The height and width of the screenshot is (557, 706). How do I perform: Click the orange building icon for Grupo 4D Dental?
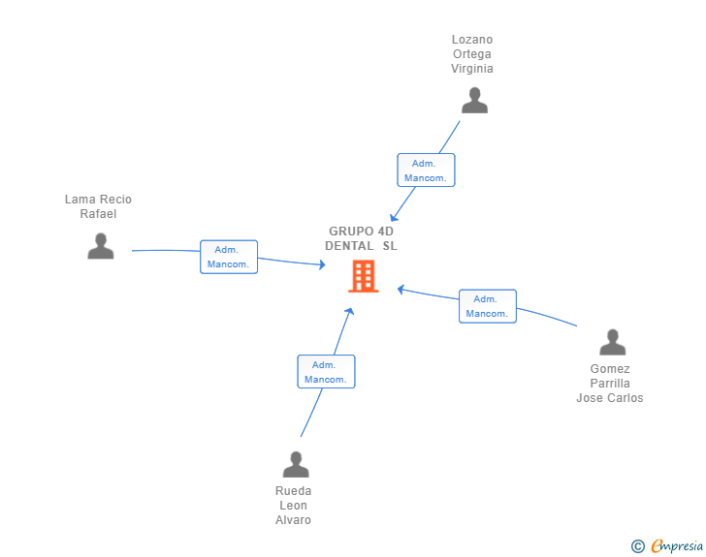click(364, 276)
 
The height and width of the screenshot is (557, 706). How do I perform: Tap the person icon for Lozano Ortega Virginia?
click(474, 101)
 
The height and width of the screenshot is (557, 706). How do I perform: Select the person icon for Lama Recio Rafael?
click(101, 246)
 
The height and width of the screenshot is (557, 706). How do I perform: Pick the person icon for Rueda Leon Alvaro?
click(296, 464)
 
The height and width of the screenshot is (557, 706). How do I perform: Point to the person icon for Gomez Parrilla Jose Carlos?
click(612, 342)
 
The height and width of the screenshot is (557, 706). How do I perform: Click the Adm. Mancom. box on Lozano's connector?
click(426, 170)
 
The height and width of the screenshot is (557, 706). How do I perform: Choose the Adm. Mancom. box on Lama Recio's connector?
click(229, 257)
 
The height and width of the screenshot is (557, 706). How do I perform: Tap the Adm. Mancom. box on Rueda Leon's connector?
click(326, 372)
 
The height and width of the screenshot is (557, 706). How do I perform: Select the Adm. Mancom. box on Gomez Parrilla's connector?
click(488, 306)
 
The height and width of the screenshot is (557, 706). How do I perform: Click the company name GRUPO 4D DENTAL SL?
click(361, 238)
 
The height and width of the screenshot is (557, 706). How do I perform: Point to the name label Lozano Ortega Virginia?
click(472, 54)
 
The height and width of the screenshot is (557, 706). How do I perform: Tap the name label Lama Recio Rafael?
click(98, 206)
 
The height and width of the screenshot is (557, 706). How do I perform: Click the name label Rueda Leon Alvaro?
click(293, 506)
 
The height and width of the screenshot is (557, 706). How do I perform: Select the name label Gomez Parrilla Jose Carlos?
click(610, 384)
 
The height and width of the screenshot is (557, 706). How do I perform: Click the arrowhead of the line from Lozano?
click(393, 217)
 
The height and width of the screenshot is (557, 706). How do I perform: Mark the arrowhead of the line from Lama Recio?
click(322, 264)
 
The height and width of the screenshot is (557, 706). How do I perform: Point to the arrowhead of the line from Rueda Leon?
click(349, 311)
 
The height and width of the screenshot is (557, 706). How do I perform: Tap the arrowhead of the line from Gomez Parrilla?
click(401, 290)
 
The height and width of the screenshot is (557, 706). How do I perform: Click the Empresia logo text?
click(677, 545)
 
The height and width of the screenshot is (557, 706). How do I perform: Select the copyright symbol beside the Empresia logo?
click(638, 546)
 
